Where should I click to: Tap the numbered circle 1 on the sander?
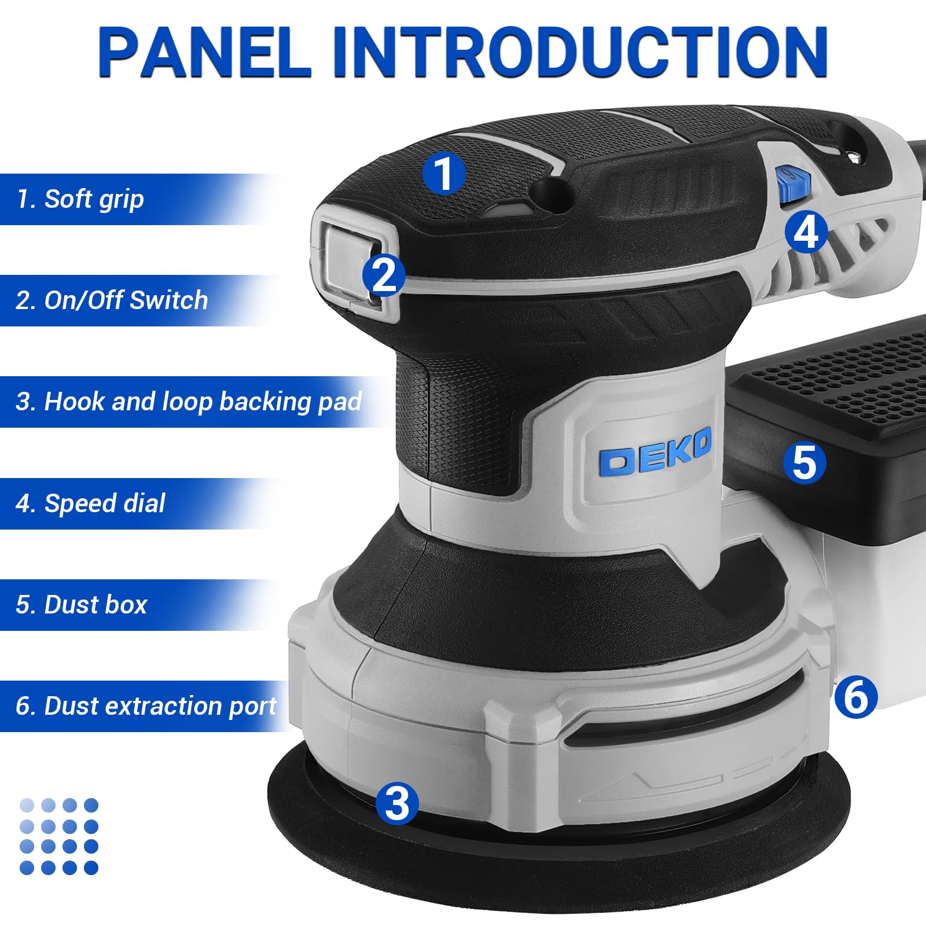click(x=443, y=174)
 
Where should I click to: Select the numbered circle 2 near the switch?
click(x=384, y=275)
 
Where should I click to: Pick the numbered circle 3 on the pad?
click(x=396, y=803)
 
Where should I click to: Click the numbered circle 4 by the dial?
click(x=806, y=232)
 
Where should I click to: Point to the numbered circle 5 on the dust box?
click(x=804, y=463)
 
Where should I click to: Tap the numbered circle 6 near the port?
click(x=856, y=697)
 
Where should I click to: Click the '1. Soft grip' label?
click(x=81, y=199)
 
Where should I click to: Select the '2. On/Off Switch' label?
click(x=112, y=300)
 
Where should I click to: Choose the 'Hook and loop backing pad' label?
click(x=189, y=402)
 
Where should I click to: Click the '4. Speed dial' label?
click(x=91, y=504)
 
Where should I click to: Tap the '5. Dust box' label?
click(x=82, y=605)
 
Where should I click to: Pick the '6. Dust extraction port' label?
click(x=146, y=706)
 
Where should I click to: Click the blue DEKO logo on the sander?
click(x=654, y=453)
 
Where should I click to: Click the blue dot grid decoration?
click(x=58, y=836)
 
